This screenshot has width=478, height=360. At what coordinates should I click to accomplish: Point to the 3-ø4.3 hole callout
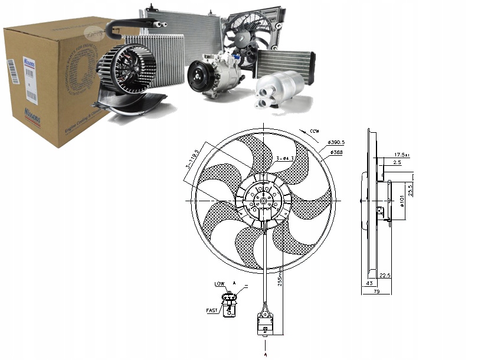click(x=286, y=158)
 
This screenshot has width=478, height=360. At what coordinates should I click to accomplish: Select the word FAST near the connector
click(x=211, y=309)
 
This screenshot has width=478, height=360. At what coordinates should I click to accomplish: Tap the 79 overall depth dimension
click(x=375, y=290)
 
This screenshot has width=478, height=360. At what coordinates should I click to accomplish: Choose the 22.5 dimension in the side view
click(x=385, y=275)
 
